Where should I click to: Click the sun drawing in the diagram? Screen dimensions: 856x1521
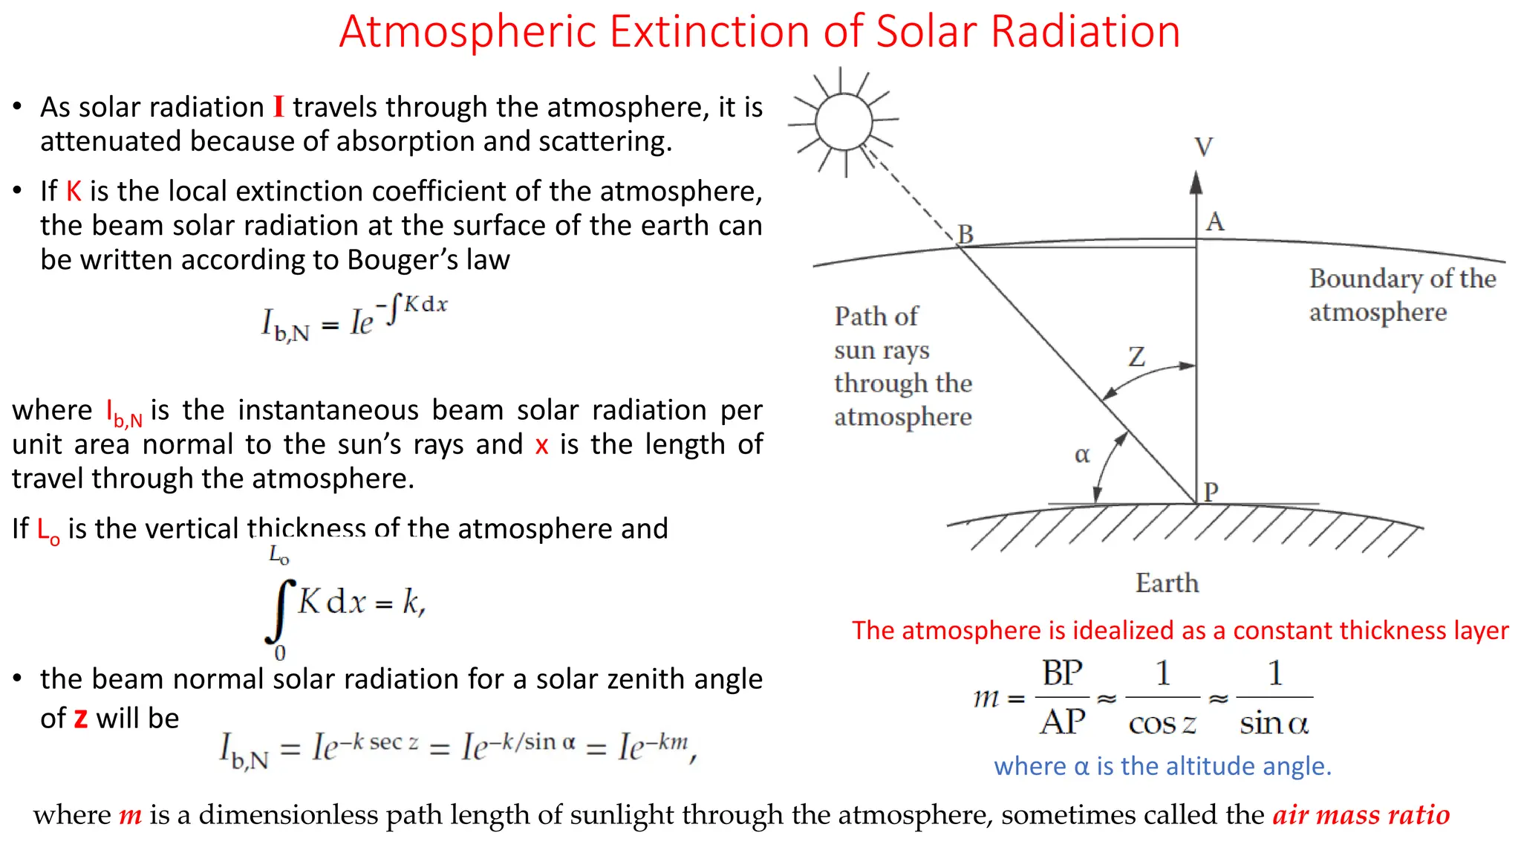point(844,122)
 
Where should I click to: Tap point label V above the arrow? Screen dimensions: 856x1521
point(1204,147)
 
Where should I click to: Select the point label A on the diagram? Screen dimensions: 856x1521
point(1215,221)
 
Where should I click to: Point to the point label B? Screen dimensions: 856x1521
point(965,234)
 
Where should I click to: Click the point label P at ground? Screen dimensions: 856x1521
point(1211,492)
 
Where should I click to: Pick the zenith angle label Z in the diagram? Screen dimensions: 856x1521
point(1136,357)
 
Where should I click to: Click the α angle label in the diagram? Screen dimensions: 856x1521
point(1082,455)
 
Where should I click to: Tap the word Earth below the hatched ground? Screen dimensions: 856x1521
point(1167,583)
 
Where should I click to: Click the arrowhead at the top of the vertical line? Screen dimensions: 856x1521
point(1196,183)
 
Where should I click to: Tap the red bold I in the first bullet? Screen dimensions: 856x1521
point(279,107)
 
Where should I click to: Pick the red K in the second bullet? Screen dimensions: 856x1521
point(74,192)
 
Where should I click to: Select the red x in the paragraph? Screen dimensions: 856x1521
point(541,445)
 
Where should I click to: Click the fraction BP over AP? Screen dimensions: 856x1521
point(1062,698)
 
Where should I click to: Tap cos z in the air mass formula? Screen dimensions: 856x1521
point(1162,723)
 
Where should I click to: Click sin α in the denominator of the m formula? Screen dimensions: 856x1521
point(1274,723)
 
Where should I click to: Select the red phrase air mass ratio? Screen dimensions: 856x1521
point(1361,815)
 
